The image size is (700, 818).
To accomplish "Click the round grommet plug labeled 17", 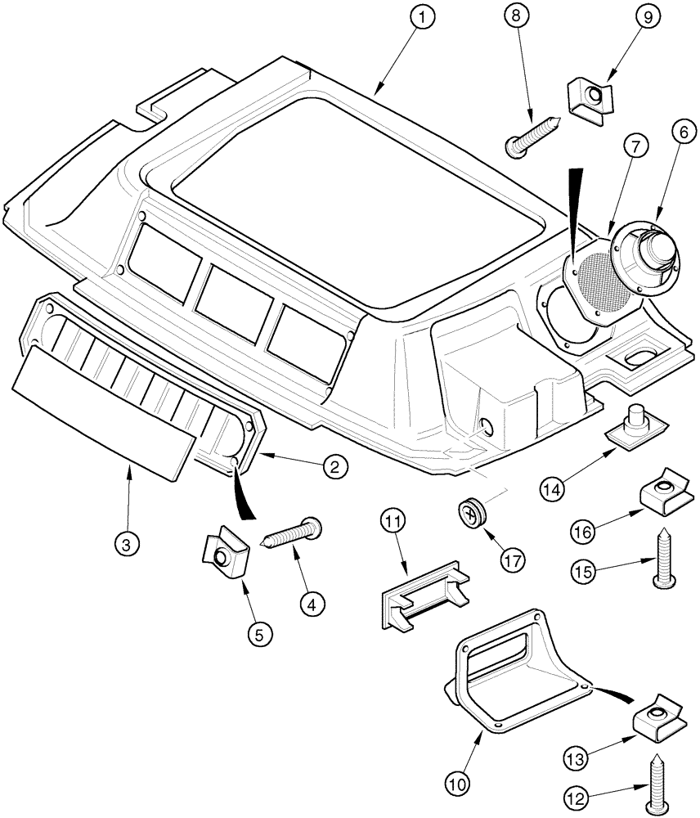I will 473,513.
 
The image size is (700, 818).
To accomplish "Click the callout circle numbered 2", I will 334,467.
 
